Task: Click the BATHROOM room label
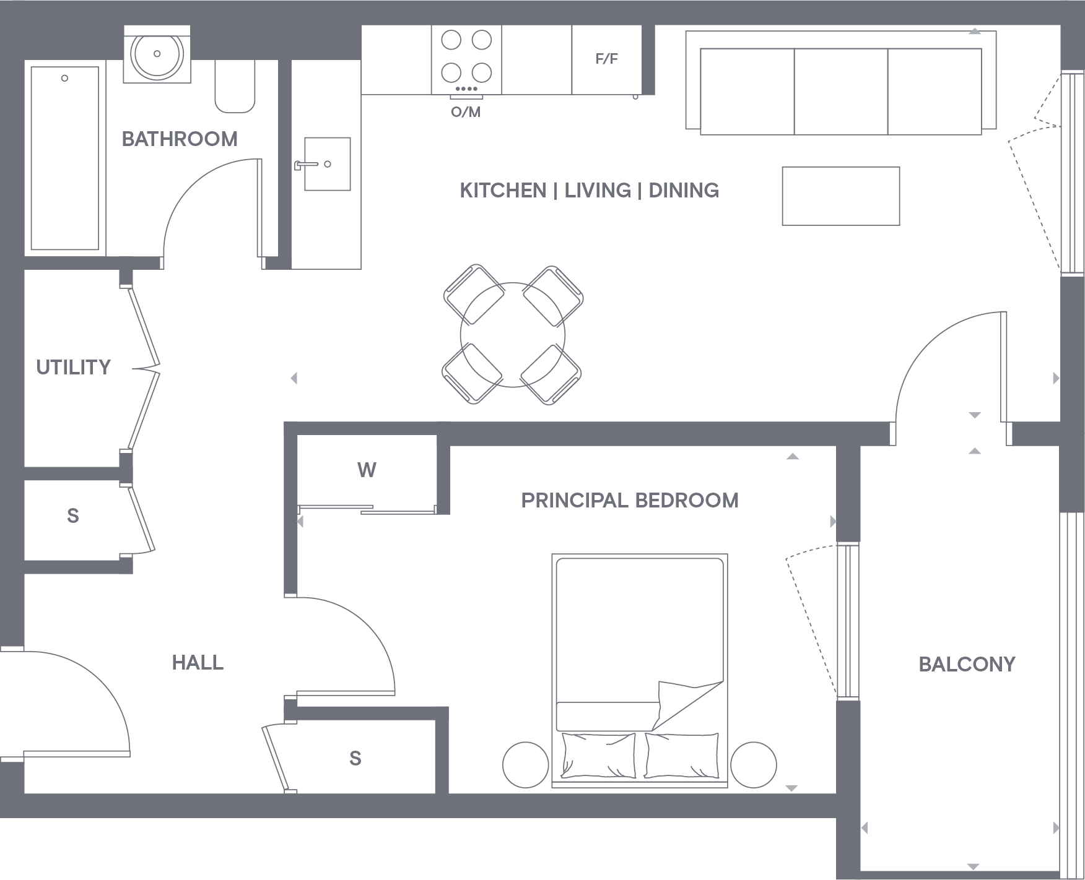pyautogui.click(x=180, y=139)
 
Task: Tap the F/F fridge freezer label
pyautogui.click(x=606, y=59)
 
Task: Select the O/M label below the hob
pyautogui.click(x=466, y=113)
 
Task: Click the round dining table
pyautogui.click(x=512, y=335)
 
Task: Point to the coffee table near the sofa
pyautogui.click(x=840, y=196)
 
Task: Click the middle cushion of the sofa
pyautogui.click(x=841, y=91)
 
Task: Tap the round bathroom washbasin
pyautogui.click(x=157, y=54)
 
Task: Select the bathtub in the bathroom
pyautogui.click(x=64, y=158)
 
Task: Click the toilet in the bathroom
pyautogui.click(x=235, y=87)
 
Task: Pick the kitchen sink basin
pyautogui.click(x=328, y=164)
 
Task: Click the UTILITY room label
pyautogui.click(x=73, y=368)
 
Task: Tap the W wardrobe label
pyautogui.click(x=367, y=470)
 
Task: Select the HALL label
pyautogui.click(x=198, y=663)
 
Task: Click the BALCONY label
pyautogui.click(x=967, y=665)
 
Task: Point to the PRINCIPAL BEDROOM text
pyautogui.click(x=630, y=500)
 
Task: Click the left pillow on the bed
pyautogui.click(x=598, y=756)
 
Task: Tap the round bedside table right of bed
pyautogui.click(x=753, y=765)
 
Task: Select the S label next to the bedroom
pyautogui.click(x=355, y=759)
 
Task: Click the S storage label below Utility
pyautogui.click(x=73, y=516)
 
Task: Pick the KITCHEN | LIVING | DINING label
pyautogui.click(x=589, y=191)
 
